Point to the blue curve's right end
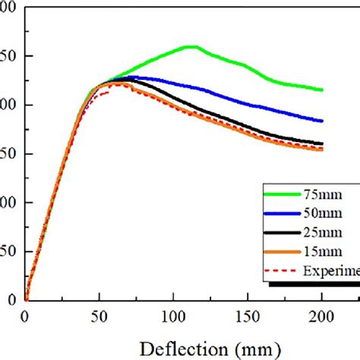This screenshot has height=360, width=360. click(322, 121)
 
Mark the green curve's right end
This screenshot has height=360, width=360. click(322, 90)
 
